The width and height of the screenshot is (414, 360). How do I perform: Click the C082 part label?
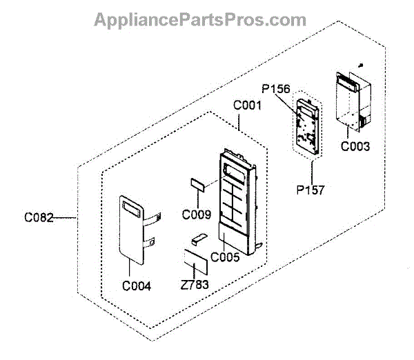38,218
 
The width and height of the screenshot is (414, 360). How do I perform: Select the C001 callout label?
247,107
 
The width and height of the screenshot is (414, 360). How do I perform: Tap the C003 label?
355,146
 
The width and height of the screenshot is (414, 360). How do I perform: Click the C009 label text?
197,214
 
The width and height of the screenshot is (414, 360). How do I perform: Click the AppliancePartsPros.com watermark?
200,19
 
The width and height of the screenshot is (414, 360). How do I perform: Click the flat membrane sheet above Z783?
193,262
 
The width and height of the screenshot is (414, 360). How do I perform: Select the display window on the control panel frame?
237,170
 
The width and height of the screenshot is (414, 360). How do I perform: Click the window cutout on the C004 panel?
130,205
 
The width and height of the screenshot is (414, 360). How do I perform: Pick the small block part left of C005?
198,239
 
